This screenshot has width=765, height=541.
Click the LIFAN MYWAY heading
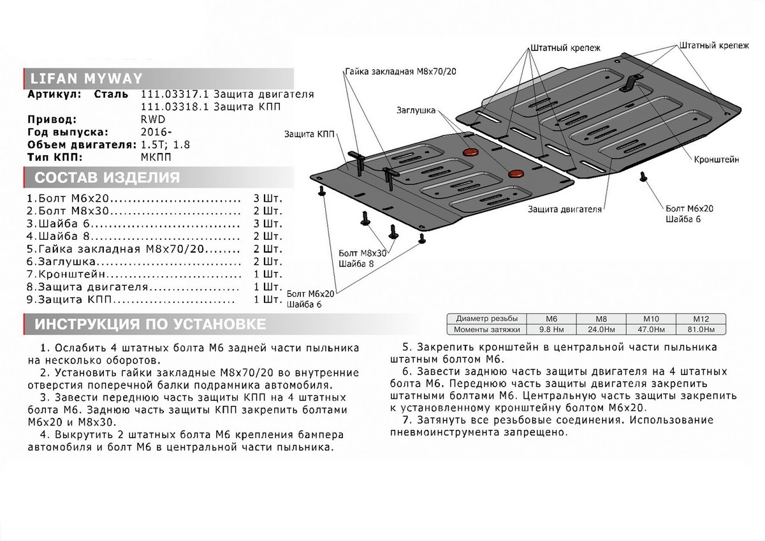[x=75, y=80]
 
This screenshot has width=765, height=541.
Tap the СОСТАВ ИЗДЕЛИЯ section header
[x=106, y=177]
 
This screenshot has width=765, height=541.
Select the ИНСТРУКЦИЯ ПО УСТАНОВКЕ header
[x=150, y=324]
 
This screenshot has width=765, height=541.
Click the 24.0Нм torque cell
[x=601, y=329]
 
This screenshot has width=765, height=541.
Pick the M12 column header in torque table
[x=701, y=318]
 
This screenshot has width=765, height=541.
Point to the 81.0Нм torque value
[x=701, y=329]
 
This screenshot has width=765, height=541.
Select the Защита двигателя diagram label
[x=565, y=208]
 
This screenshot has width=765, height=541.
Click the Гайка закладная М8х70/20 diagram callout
[x=402, y=71]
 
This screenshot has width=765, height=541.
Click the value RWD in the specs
[x=148, y=119]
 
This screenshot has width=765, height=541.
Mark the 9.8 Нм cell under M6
[x=551, y=329]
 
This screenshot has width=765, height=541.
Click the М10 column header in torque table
[x=651, y=318]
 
